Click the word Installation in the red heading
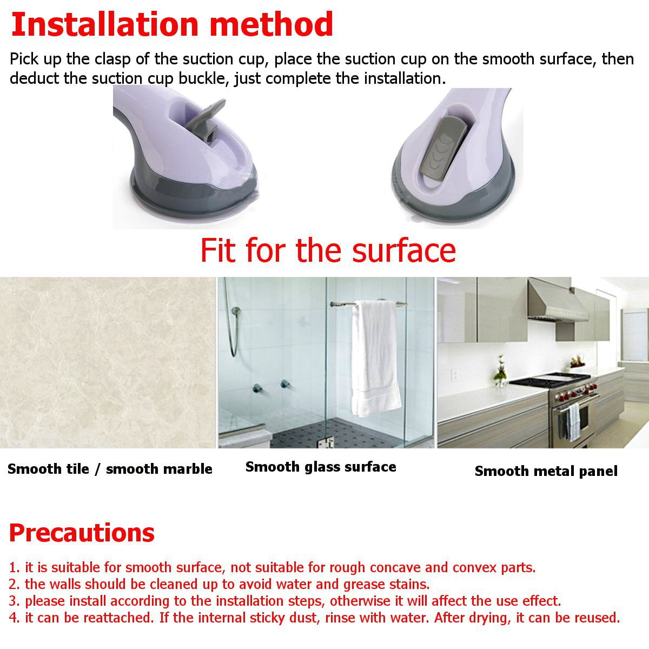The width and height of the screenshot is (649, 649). point(105,24)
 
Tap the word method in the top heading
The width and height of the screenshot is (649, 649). point(271,24)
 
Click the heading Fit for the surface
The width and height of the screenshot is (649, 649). point(328,250)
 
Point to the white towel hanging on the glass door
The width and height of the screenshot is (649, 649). point(375,359)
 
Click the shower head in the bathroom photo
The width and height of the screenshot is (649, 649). point(236,310)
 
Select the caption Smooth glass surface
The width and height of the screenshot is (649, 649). point(321,467)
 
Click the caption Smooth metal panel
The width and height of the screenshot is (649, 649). point(546,471)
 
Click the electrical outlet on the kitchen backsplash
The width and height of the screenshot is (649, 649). point(454,375)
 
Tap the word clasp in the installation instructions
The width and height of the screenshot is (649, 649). point(112,60)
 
